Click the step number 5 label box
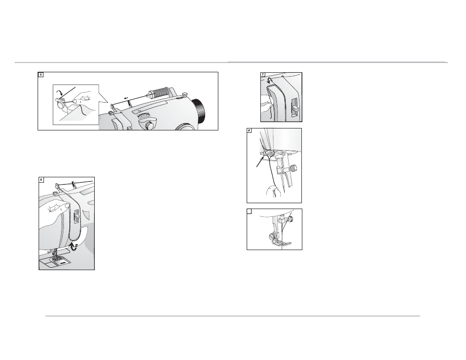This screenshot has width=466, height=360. [x=41, y=75]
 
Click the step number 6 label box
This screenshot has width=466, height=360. [x=42, y=180]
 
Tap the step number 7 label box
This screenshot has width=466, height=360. [x=263, y=75]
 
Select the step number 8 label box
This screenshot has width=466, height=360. [x=249, y=130]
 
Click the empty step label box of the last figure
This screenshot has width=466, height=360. [x=249, y=211]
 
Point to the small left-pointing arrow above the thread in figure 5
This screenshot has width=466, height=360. [x=126, y=97]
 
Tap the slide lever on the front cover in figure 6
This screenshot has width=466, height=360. [x=76, y=216]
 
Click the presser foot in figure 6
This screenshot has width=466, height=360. [x=55, y=256]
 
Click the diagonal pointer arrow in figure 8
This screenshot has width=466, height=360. [x=259, y=162]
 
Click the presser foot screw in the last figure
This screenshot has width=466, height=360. [x=272, y=236]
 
